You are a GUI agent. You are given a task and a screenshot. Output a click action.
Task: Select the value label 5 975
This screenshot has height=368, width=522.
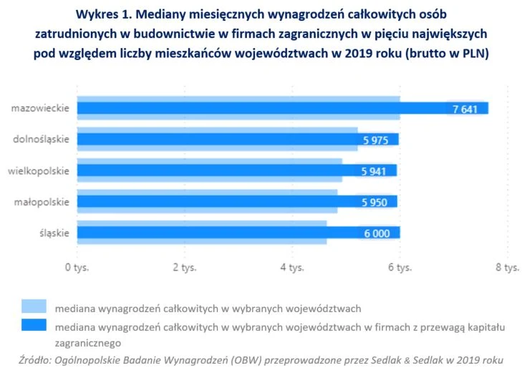click(x=375, y=140)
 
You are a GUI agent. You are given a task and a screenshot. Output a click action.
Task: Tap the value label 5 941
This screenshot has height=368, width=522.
click(x=374, y=171)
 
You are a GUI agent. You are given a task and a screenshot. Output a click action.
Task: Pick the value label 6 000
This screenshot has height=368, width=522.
click(x=377, y=233)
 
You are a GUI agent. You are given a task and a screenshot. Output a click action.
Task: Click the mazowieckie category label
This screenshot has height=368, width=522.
click(x=40, y=108)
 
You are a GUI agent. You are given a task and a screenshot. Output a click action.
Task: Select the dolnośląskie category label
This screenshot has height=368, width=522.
click(x=42, y=140)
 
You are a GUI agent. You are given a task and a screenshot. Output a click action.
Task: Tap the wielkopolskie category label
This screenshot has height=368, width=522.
click(x=39, y=170)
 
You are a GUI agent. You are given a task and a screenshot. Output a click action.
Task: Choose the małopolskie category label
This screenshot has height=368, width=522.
click(x=42, y=202)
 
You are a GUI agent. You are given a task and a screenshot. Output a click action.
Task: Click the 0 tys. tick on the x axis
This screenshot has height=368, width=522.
click(x=77, y=268)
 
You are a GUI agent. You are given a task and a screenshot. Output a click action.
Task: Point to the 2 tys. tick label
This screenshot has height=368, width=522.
click(x=185, y=268)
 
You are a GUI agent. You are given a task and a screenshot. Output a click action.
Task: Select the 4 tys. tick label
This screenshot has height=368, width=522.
click(x=292, y=268)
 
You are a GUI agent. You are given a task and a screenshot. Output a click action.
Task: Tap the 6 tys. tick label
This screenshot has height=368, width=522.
click(x=400, y=268)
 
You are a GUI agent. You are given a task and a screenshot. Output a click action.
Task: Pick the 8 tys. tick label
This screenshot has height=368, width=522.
click(x=507, y=268)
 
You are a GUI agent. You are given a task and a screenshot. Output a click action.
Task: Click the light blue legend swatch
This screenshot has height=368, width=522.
click(x=34, y=307)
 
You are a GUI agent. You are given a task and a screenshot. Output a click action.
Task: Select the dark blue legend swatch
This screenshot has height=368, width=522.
click(x=34, y=326)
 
